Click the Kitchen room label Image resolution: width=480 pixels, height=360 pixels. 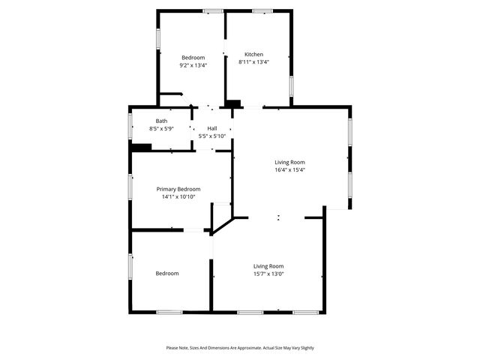[253, 54]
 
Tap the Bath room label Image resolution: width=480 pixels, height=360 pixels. [161, 121]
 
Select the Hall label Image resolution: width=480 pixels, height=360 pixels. [212, 128]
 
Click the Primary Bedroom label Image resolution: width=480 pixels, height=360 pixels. [178, 189]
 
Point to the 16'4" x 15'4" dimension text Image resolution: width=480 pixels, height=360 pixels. [289, 169]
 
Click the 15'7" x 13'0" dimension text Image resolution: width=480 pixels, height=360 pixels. [268, 274]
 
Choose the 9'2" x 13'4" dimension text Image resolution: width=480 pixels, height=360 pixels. [193, 65]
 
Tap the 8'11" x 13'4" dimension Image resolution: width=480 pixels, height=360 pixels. [253, 61]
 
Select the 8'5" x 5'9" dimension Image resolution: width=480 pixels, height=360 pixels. [161, 128]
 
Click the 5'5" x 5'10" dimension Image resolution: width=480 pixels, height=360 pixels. [212, 136]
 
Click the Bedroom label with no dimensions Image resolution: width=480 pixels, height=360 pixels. [167, 273]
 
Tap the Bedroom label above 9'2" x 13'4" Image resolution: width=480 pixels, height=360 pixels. [193, 58]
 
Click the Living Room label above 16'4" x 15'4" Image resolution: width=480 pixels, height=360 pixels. [289, 162]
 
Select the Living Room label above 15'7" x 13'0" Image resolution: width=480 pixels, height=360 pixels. [268, 266]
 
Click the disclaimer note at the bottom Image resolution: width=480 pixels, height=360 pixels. [240, 348]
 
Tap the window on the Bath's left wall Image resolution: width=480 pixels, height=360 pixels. [130, 126]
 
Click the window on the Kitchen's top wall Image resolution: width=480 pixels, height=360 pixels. [262, 11]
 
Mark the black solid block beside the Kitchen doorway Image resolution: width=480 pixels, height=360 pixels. [233, 104]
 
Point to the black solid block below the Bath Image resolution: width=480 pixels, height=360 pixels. [140, 147]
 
